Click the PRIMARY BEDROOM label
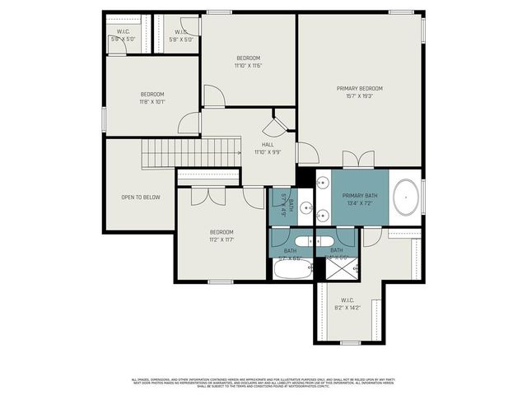coord(359,88)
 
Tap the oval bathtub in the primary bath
coord(406,198)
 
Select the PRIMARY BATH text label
coord(359,195)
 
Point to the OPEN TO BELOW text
coord(141,197)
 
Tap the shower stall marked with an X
coord(336,268)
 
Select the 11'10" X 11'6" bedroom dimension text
coord(248,66)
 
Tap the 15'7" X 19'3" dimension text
coord(359,96)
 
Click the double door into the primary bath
coord(358,160)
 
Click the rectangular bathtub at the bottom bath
coord(291,269)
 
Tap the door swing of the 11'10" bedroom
coord(213,95)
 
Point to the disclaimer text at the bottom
coord(263,382)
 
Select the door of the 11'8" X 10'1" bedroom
coord(189,124)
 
